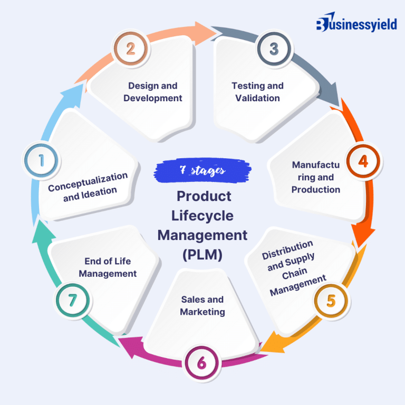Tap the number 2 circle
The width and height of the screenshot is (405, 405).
[x=130, y=49]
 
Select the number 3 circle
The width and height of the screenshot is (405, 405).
[x=274, y=49]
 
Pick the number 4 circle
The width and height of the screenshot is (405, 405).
[x=363, y=161]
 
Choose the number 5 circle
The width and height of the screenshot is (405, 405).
[x=331, y=301]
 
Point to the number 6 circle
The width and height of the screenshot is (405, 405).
[x=202, y=363]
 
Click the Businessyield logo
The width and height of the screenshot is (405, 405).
[x=356, y=24]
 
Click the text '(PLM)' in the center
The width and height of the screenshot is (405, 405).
[x=202, y=255]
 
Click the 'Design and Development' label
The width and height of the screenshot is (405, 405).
[x=153, y=92]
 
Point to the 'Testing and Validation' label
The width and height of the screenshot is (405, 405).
[x=258, y=92]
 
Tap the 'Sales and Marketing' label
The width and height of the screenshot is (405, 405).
[x=202, y=306]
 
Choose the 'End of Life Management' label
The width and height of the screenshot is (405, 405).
[x=108, y=267]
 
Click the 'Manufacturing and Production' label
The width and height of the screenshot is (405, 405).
[x=316, y=177]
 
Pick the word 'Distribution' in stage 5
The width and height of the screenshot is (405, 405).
[x=288, y=250]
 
